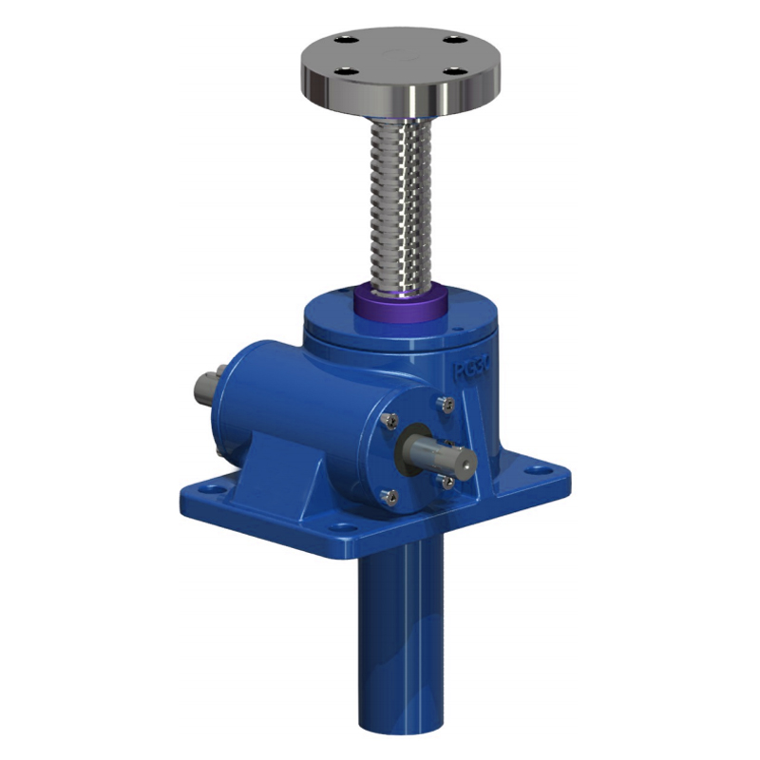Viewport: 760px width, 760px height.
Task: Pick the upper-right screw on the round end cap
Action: [442, 406]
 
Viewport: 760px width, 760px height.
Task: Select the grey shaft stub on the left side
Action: [205, 387]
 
